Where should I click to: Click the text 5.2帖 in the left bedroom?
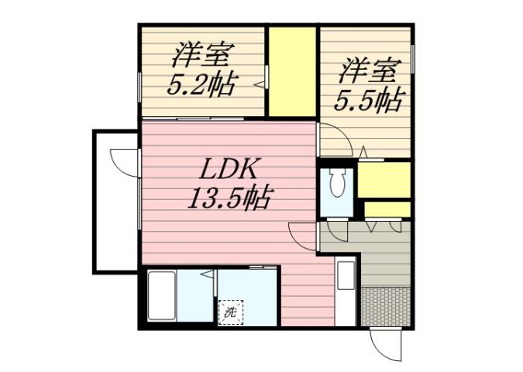(201, 83)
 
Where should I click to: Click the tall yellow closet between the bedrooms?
(292, 71)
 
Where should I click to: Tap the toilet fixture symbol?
(337, 184)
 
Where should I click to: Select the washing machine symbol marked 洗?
(230, 312)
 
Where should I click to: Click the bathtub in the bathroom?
(161, 298)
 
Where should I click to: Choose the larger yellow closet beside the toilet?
(384, 180)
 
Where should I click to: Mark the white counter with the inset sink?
(345, 290)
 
